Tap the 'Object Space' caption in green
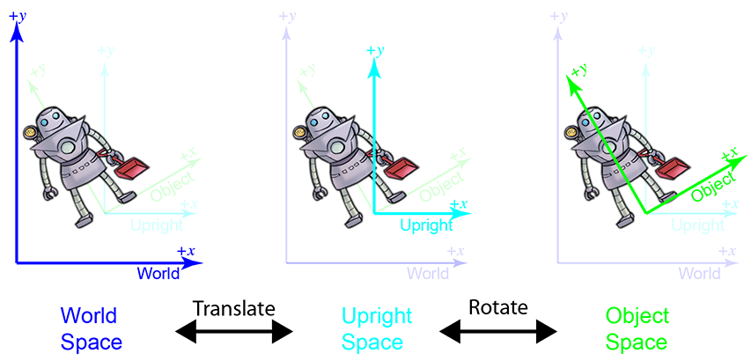pyautogui.click(x=637, y=328)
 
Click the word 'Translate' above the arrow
pyautogui.click(x=234, y=308)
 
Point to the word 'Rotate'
pyautogui.click(x=498, y=308)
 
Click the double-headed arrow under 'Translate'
pyautogui.click(x=234, y=332)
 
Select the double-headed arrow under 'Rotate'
pyautogui.click(x=498, y=332)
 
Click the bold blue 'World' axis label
pyautogui.click(x=158, y=273)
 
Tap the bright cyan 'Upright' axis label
pyautogui.click(x=426, y=225)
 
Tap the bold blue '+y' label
pyautogui.click(x=17, y=16)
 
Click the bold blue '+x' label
pyautogui.click(x=186, y=251)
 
